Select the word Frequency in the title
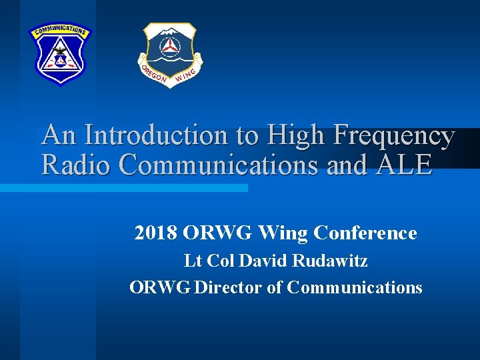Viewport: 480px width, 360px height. [x=394, y=136]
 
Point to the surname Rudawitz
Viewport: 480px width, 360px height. [x=329, y=261]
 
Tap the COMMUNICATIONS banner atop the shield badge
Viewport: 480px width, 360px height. [x=59, y=30]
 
